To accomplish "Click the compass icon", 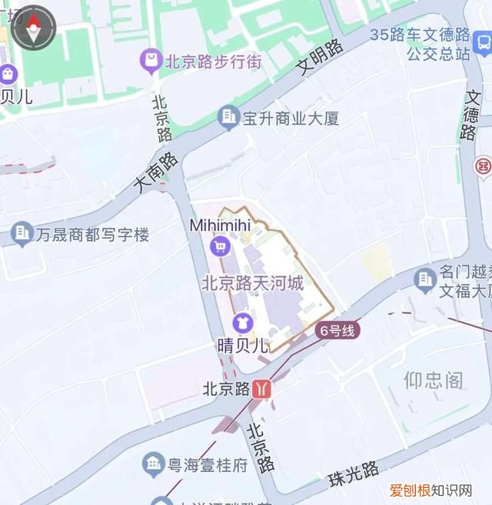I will pos(33,28).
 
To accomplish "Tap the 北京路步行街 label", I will pos(212,61).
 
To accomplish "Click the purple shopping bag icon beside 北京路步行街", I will pos(151,59).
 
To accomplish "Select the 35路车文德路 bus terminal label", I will pos(419,44).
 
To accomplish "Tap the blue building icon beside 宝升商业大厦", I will pos(228,118).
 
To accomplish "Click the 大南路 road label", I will pos(155,172).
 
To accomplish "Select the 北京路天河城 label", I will pos(252,283).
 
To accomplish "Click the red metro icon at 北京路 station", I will pos(262,389).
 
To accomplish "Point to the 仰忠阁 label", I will pos(434,379).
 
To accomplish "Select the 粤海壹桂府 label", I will pos(208,464).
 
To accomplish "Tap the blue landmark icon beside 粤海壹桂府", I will pos(153,463).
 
